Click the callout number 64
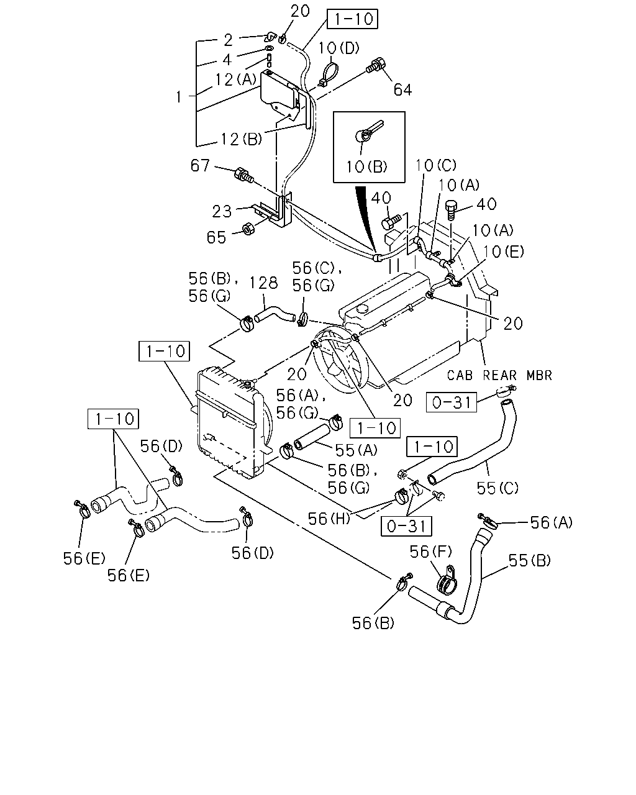402,90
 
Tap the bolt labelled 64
376,66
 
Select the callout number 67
200,165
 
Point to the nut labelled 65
248,229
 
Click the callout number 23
222,212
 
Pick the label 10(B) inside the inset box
366,166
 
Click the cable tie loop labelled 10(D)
329,74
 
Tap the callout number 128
263,283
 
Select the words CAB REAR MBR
499,375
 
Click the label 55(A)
357,450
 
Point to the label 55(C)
497,488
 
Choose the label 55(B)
530,560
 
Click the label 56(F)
430,552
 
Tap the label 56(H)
329,519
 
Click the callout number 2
228,40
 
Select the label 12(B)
242,139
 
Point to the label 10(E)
504,252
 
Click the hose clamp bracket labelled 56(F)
447,581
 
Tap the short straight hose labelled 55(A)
312,437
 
